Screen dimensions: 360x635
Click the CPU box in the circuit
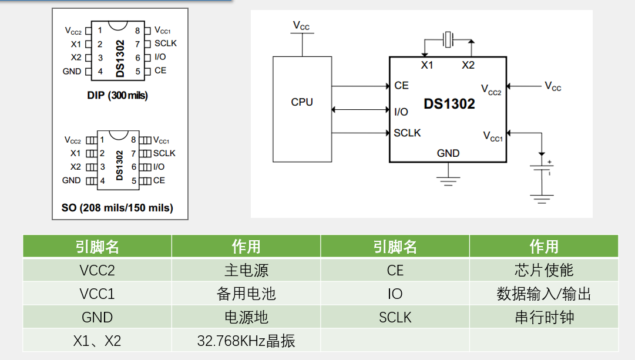click(302, 109)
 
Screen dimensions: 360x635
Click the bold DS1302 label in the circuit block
click(449, 104)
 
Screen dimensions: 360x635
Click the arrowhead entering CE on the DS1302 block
click(387, 86)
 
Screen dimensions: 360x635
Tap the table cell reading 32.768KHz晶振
click(246, 341)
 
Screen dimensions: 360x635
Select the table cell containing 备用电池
click(246, 294)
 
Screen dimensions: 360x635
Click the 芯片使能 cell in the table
click(543, 270)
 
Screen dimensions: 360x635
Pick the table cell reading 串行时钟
click(543, 317)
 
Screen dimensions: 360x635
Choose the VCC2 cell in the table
click(98, 270)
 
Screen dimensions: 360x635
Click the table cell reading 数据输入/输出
click(543, 294)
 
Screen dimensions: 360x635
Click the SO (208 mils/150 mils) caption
click(117, 207)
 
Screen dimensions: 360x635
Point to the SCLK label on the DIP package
click(166, 43)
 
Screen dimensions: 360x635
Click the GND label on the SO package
click(72, 180)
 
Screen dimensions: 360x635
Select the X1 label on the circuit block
click(427, 65)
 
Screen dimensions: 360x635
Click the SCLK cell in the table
click(395, 317)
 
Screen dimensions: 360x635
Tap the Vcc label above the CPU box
click(301, 26)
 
